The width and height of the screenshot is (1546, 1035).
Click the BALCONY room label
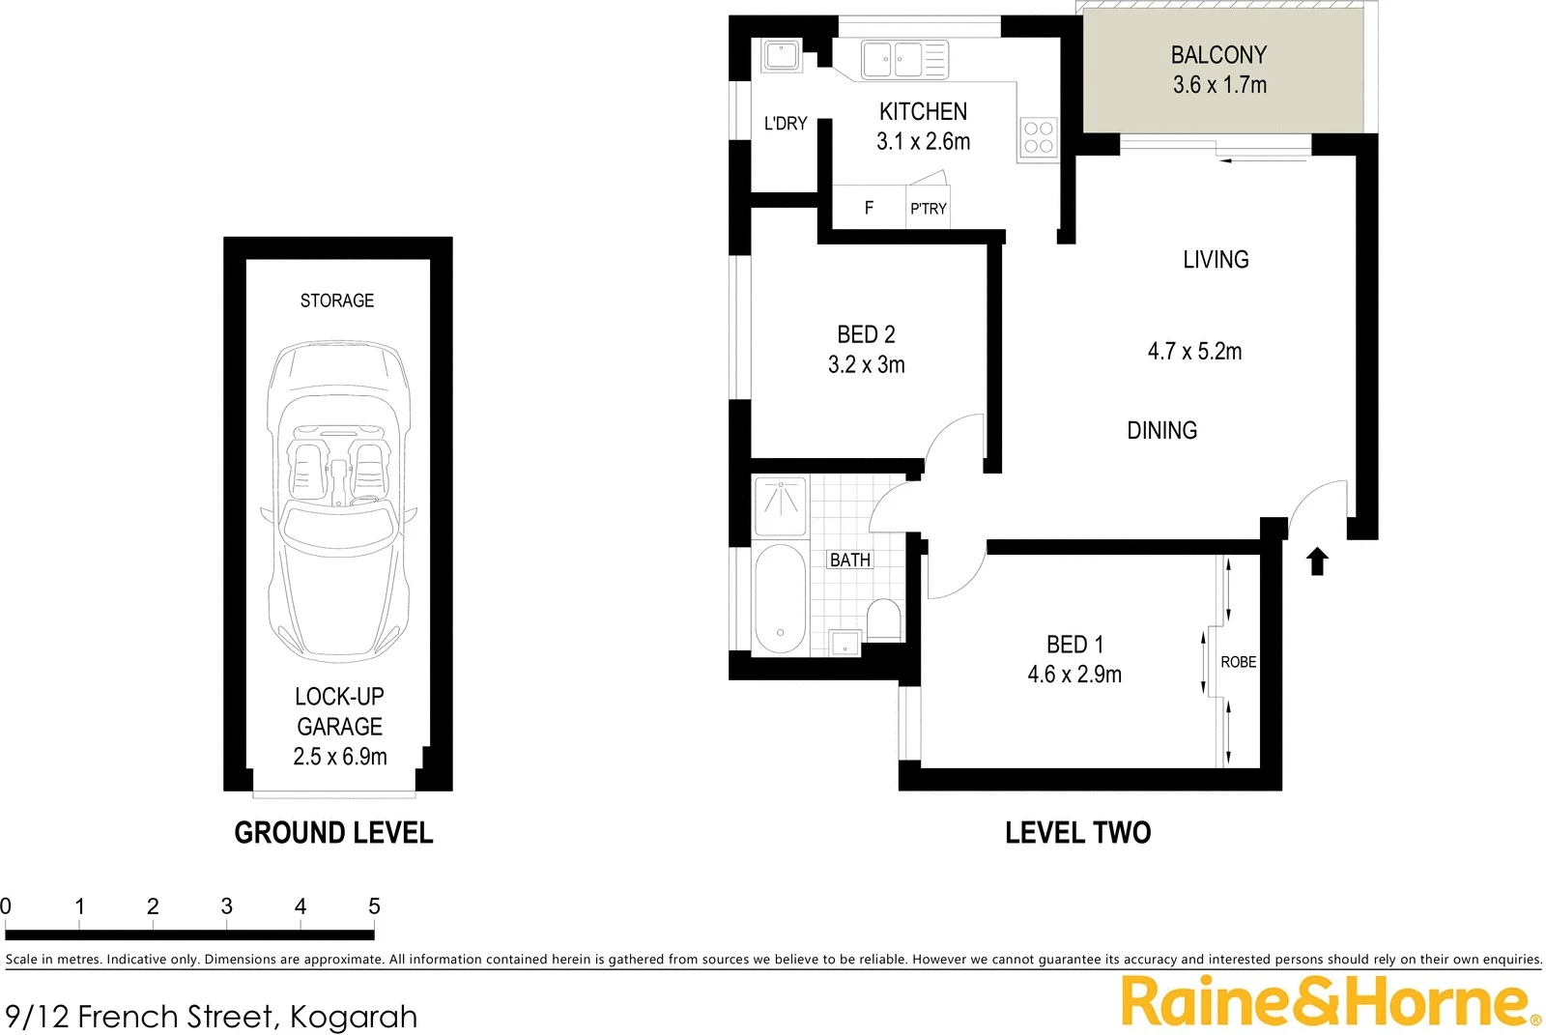1218,55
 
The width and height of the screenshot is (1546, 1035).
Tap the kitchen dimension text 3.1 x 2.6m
923,141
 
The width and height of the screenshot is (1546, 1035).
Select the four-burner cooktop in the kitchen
1038,138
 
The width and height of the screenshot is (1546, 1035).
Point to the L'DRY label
785,124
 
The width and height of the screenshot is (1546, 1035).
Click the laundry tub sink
780,55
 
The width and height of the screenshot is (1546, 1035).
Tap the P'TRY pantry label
928,209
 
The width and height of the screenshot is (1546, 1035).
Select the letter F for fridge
869,208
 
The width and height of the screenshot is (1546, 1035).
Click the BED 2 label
866,334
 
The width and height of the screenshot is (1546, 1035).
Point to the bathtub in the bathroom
779,600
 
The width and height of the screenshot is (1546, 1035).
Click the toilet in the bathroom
883,619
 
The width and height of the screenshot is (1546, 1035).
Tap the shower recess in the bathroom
780,505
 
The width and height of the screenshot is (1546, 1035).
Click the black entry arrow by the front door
1317,561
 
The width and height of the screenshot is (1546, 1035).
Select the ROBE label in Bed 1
1238,662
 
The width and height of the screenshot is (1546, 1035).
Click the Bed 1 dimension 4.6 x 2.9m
1074,675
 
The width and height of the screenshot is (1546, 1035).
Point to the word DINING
1161,430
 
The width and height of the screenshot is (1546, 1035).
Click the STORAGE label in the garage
336,301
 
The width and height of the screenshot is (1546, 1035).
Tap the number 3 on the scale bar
226,906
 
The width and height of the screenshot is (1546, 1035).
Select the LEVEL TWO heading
1077,832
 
